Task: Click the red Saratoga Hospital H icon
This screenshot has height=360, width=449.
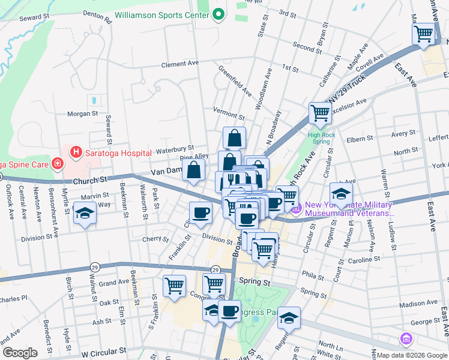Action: coord(76,153)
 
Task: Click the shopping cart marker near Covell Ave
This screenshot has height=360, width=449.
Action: coord(424,34)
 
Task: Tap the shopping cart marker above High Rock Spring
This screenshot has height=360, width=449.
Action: coord(320,112)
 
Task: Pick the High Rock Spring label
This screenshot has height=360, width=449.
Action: coord(320,138)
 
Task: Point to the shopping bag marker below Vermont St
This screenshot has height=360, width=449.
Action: coord(234,137)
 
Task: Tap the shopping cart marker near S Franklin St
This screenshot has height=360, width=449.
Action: coord(175,285)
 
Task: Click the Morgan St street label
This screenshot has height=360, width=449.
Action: coord(82,113)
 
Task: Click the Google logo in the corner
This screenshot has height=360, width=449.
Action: coord(20,353)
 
